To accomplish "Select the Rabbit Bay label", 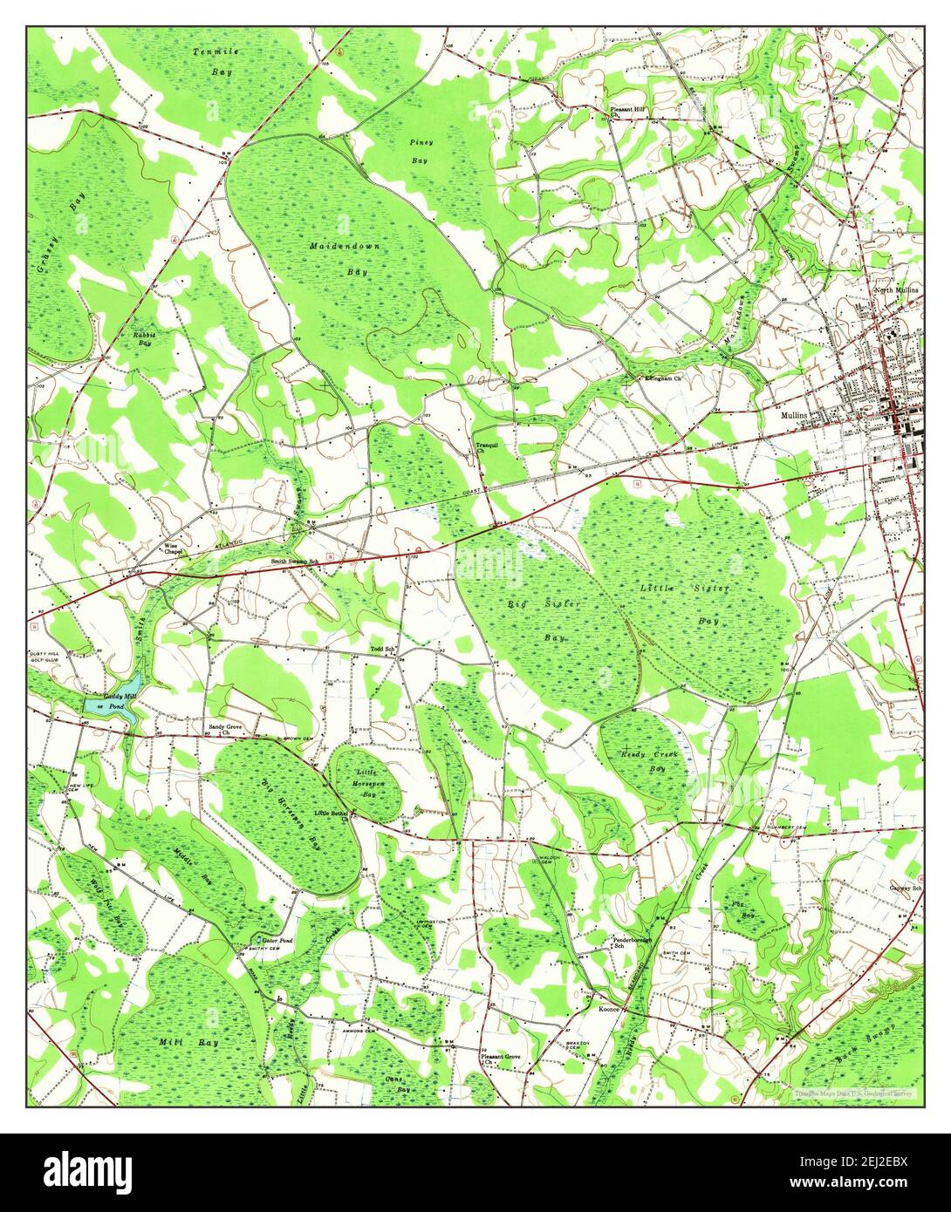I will tap(141, 338).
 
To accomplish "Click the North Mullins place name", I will tap(897, 290).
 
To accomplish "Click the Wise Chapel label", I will tap(176, 549).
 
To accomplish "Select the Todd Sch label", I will tap(383, 650).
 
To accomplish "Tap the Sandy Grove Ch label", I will tap(225, 729).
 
